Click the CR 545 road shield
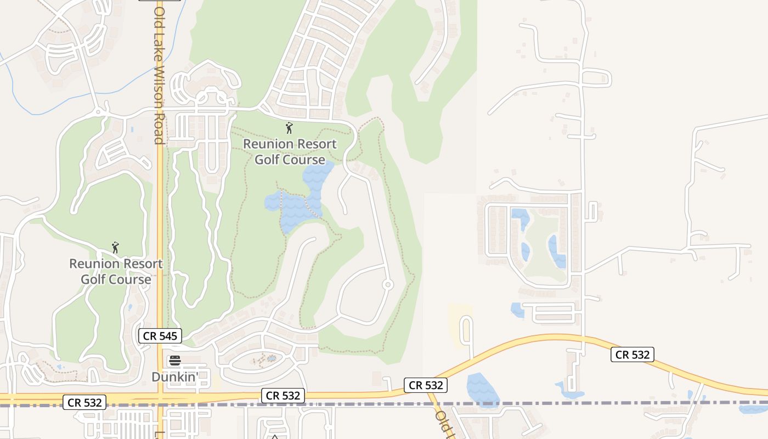coord(160,336)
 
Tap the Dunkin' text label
coord(174,377)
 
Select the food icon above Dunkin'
coord(175,361)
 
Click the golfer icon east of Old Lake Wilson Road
coord(289,128)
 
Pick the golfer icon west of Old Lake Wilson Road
coord(115,247)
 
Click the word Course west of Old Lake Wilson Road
coord(131,279)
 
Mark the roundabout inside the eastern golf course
coord(388,284)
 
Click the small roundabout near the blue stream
coord(99,112)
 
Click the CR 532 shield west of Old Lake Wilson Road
coord(84,402)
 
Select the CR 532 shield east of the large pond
coord(633,354)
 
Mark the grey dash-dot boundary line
coord(549,404)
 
